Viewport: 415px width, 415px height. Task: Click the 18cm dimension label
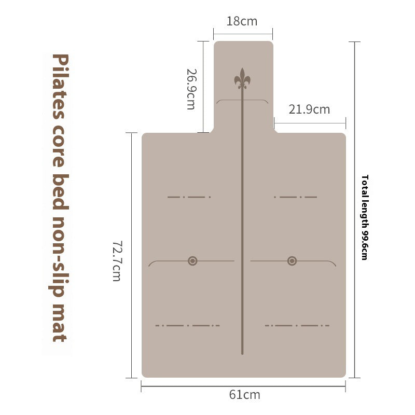242,22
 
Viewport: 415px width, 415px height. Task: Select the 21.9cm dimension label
309,109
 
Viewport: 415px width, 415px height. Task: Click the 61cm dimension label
244,395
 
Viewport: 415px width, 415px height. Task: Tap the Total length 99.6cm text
365,217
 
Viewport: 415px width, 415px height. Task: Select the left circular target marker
192,260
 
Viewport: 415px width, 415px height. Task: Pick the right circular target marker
292,260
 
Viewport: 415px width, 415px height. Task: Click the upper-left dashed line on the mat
189,197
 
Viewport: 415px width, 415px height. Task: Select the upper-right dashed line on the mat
295,197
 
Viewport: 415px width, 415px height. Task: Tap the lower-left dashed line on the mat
187,326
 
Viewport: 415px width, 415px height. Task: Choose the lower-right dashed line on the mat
297,326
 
